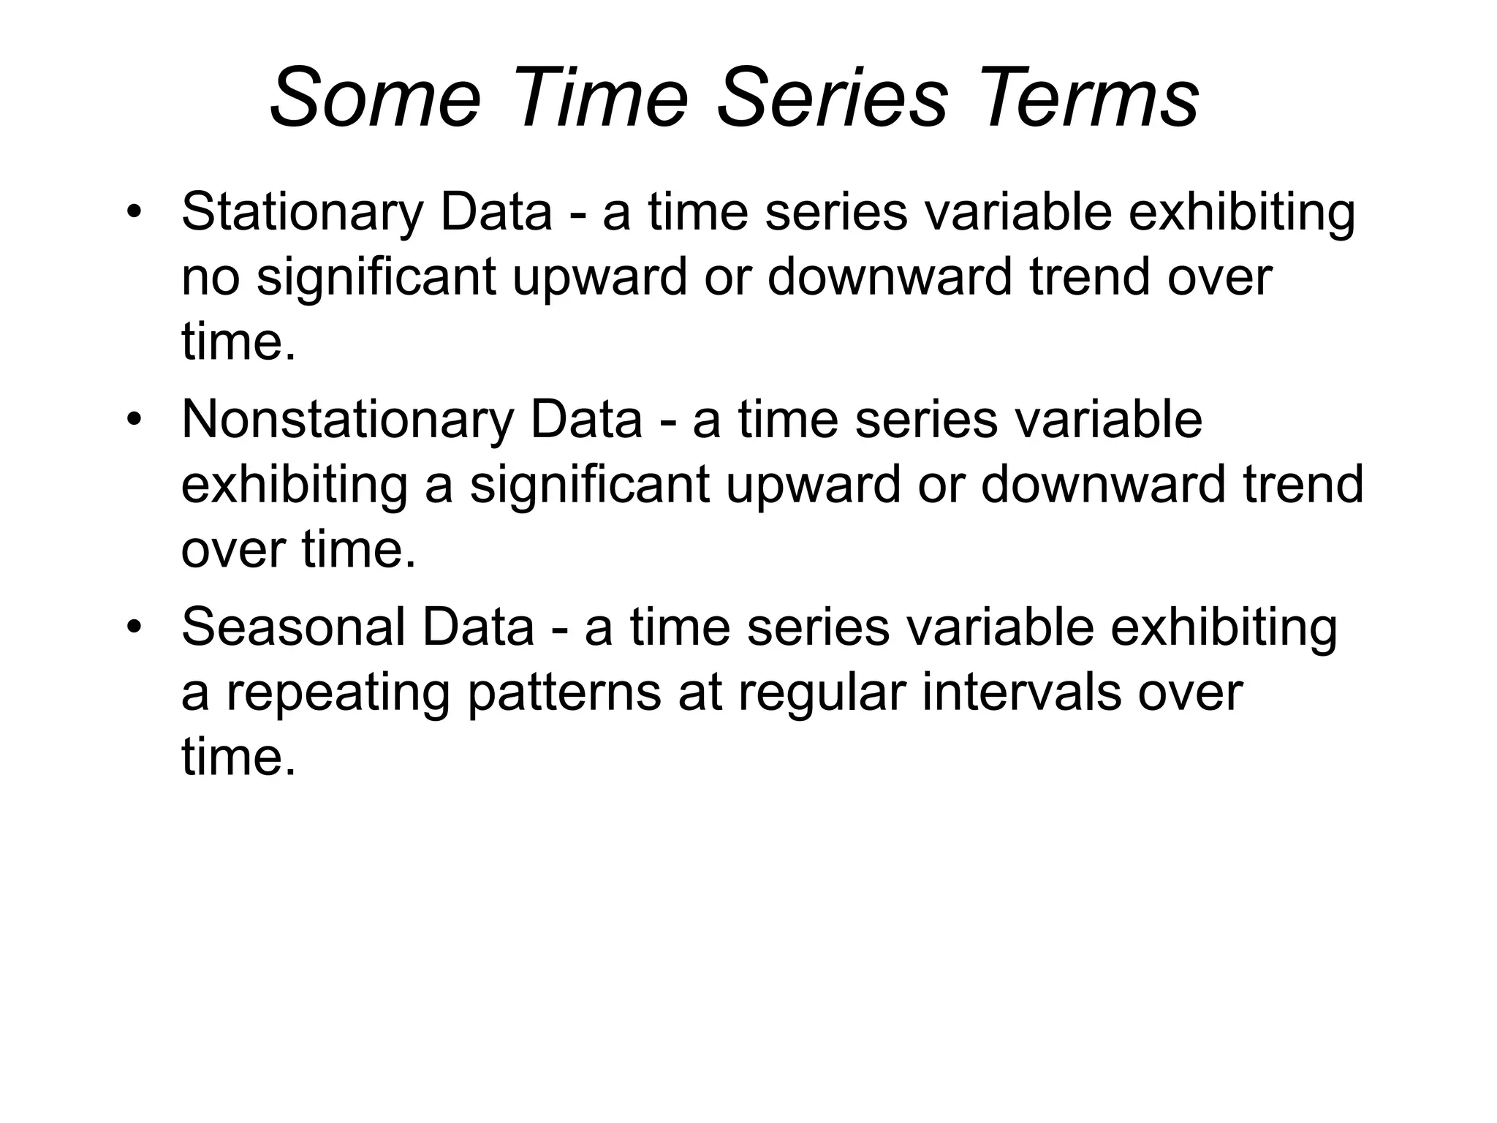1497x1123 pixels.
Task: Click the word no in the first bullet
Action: click(211, 279)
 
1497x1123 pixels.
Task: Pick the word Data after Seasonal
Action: click(478, 628)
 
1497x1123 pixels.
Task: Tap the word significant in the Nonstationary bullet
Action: click(589, 485)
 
